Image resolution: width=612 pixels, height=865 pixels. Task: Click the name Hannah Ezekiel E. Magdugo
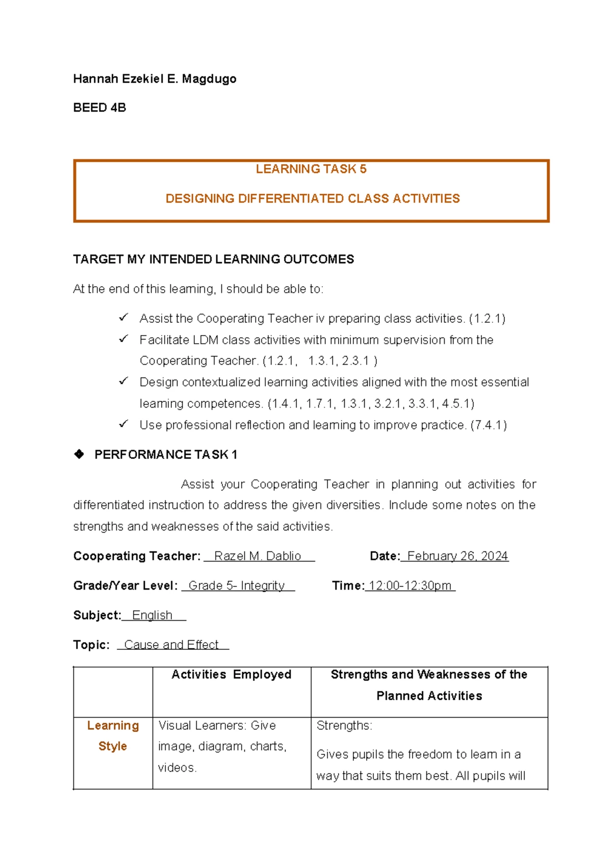(x=155, y=79)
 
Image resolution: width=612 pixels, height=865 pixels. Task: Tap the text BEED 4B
(x=99, y=108)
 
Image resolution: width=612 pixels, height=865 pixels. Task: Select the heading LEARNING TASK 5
(x=311, y=169)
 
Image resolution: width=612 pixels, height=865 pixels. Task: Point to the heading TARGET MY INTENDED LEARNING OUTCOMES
(x=213, y=260)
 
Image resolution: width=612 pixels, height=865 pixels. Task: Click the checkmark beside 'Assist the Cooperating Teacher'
(x=123, y=318)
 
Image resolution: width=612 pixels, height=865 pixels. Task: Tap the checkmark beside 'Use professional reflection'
(x=123, y=424)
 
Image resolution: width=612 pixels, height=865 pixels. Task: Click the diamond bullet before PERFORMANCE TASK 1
(x=79, y=454)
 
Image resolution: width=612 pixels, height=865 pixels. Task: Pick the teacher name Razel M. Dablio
(x=258, y=556)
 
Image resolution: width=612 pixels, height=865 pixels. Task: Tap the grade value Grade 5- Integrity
(x=237, y=586)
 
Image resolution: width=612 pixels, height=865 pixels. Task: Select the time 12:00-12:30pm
(x=410, y=586)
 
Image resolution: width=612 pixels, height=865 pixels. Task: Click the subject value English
(x=152, y=616)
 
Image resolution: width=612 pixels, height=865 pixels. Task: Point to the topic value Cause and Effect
(x=171, y=645)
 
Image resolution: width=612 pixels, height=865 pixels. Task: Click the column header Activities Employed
(x=232, y=675)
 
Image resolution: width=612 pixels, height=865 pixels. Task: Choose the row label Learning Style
(x=113, y=736)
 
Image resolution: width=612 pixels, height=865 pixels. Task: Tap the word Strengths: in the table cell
(x=344, y=726)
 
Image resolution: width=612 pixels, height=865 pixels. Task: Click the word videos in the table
(x=176, y=768)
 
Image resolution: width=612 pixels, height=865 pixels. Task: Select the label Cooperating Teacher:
(x=137, y=556)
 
